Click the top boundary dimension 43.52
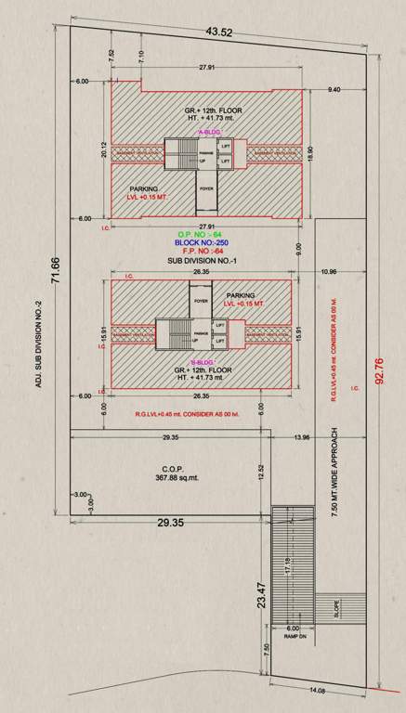(219, 32)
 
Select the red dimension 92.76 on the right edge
(378, 369)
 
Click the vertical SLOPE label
(338, 610)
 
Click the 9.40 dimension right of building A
(334, 90)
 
